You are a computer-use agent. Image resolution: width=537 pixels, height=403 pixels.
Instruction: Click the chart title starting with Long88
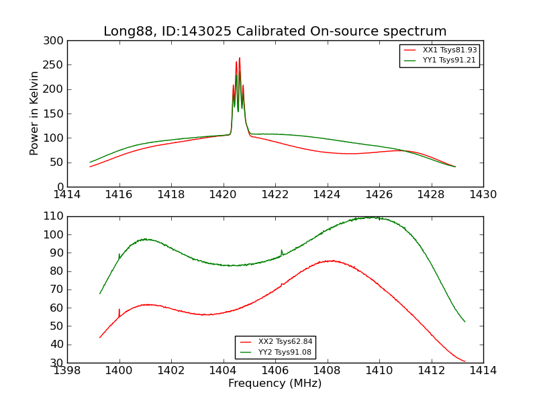click(275, 32)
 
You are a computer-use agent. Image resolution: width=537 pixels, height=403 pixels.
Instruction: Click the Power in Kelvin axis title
click(34, 113)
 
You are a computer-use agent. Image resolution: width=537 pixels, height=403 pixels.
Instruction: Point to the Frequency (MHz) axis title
click(275, 384)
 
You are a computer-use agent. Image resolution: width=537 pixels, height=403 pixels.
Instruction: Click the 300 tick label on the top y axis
click(56, 40)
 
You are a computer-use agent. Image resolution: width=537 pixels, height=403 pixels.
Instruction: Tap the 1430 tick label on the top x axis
click(483, 195)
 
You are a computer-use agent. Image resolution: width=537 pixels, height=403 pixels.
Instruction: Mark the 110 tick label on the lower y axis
click(56, 216)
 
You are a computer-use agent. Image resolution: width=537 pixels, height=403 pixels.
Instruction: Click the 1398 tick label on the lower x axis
click(67, 370)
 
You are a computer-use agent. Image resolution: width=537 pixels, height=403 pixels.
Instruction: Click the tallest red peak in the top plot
click(240, 58)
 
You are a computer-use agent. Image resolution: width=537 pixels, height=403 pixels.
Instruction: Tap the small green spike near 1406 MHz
click(282, 251)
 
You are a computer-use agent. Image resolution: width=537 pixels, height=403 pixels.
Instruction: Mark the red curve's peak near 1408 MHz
click(330, 261)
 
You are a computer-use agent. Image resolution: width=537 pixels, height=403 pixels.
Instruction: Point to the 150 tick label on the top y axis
click(56, 114)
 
